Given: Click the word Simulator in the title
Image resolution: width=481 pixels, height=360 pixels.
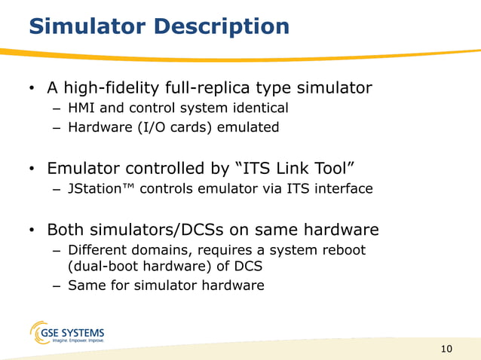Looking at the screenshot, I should point(82,27).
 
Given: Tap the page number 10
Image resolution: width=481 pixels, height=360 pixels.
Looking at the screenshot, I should point(446,348).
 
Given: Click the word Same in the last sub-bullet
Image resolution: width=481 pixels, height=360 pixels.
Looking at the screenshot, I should point(84,285).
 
